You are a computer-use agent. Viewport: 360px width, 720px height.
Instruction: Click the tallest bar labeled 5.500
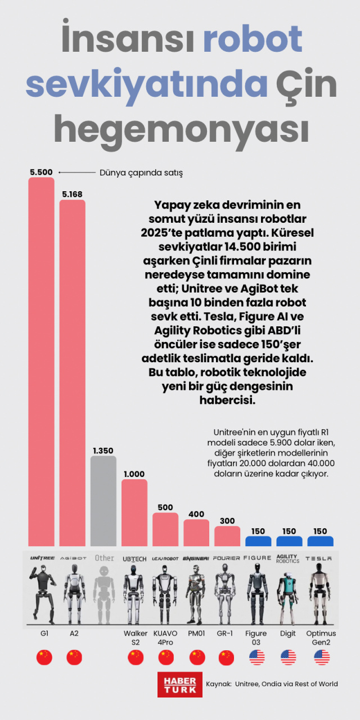click(42, 360)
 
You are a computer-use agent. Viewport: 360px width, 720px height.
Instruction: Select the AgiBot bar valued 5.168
click(73, 371)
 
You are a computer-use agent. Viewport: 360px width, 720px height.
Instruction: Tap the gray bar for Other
click(103, 501)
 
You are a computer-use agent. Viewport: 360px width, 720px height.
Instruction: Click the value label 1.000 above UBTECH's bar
click(134, 474)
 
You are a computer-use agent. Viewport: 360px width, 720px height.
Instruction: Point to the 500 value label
click(165, 507)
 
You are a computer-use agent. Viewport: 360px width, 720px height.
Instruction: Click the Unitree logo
click(42, 558)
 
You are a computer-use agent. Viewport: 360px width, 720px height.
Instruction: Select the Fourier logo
click(227, 559)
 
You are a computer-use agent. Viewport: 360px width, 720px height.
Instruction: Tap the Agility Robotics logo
click(289, 559)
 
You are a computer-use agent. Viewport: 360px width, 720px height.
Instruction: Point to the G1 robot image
click(42, 593)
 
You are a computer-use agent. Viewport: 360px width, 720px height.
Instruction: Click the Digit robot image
click(289, 593)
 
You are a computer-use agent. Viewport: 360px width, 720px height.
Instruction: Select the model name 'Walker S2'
click(135, 638)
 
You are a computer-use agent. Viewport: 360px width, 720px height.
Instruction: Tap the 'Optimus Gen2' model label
click(321, 638)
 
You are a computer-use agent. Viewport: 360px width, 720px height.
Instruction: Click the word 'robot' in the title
click(252, 40)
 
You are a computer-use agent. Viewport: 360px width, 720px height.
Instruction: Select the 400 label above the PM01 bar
click(196, 514)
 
